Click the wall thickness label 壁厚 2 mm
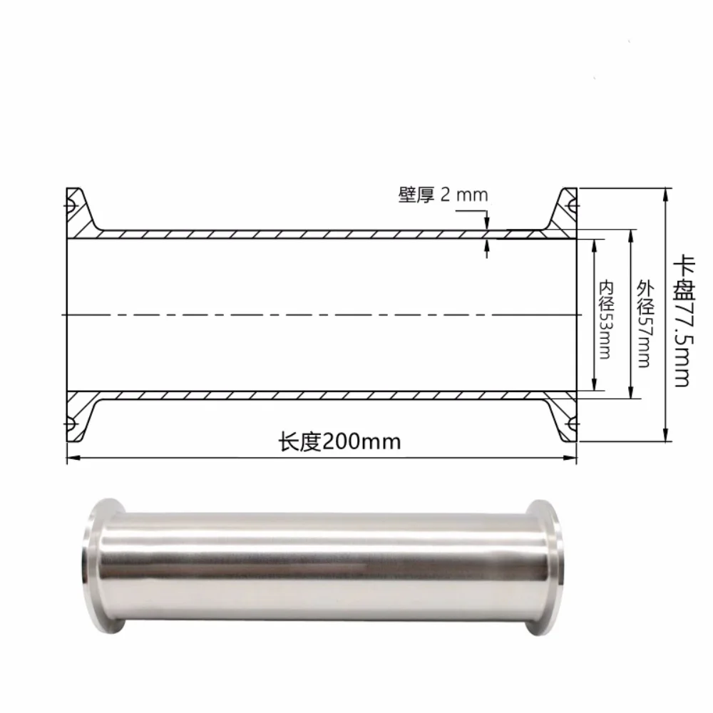pyautogui.click(x=443, y=195)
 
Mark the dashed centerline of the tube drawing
pyautogui.click(x=321, y=314)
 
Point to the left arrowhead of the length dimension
pyautogui.click(x=71, y=458)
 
